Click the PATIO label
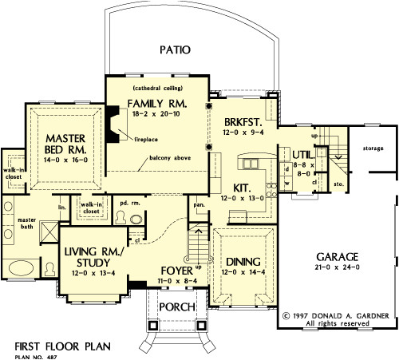pyautogui.click(x=175, y=49)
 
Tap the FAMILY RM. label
pyautogui.click(x=157, y=104)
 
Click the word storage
pyautogui.click(x=372, y=148)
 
